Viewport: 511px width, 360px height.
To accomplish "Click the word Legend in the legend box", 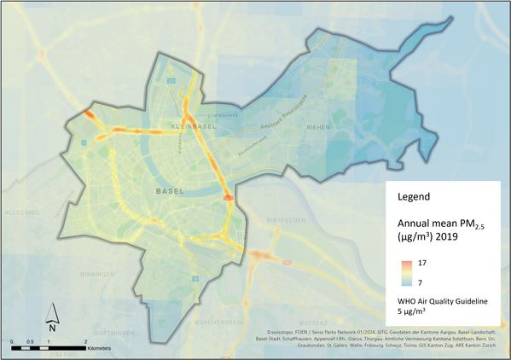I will pyautogui.click(x=414, y=197).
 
